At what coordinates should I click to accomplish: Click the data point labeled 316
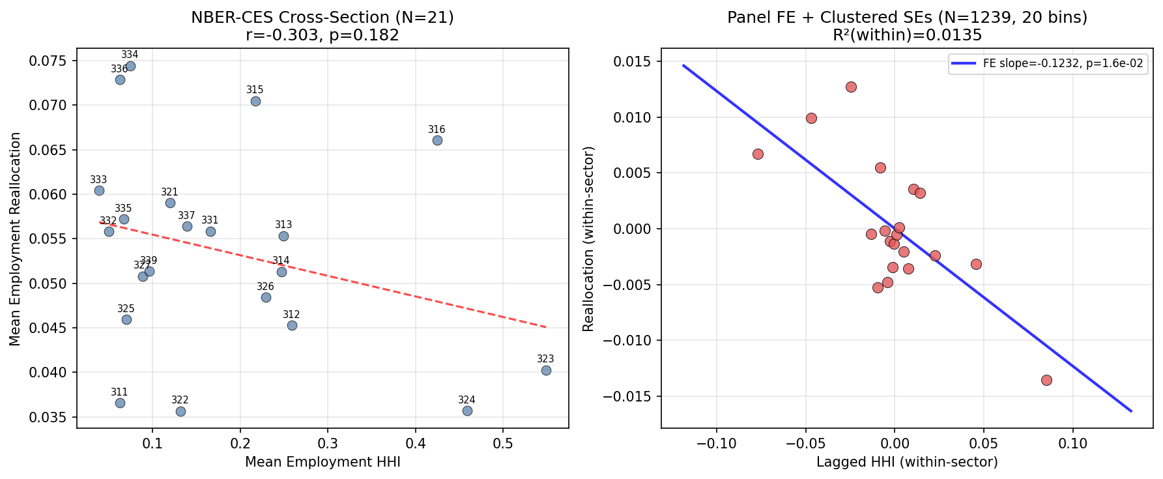[x=437, y=140]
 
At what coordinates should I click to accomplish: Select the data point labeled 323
[x=546, y=370]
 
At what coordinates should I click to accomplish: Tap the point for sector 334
[x=130, y=66]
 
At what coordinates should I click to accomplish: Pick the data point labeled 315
[x=255, y=101]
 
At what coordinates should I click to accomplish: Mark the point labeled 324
[x=467, y=411]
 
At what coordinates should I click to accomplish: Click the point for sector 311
[x=120, y=403]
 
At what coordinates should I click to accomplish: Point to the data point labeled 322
[x=180, y=411]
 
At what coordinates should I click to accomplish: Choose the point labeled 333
[x=99, y=190]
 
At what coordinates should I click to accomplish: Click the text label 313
[x=283, y=225]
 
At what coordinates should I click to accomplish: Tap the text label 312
[x=291, y=315]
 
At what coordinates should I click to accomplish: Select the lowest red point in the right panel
[x=1046, y=380]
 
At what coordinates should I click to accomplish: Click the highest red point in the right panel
[x=851, y=87]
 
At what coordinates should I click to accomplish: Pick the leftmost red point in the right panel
[x=758, y=154]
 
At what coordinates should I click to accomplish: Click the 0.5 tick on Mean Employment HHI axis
[x=503, y=444]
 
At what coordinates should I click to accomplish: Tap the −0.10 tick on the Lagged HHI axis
[x=716, y=444]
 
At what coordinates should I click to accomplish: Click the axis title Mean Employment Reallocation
[x=16, y=239]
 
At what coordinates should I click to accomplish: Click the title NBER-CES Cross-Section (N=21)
[x=323, y=18]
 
